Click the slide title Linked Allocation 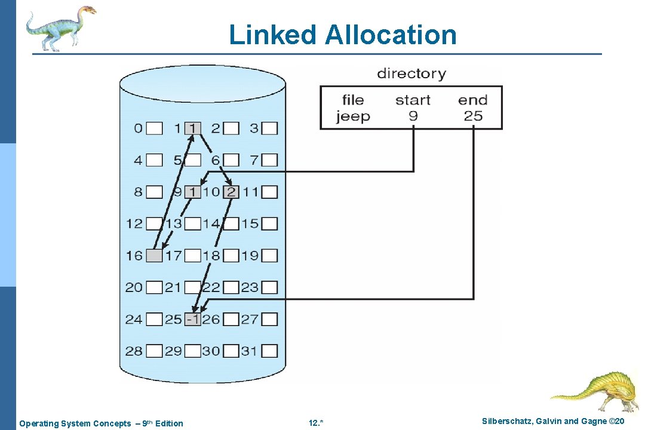coord(342,35)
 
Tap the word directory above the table coord(411,74)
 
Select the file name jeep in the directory coord(353,116)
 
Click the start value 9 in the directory coord(413,116)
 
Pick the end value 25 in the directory coord(473,116)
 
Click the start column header coord(413,100)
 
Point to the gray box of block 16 coord(154,256)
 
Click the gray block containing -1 coord(193,320)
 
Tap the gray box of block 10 coord(231,192)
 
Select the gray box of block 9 coord(193,192)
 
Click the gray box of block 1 coord(193,128)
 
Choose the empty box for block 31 coord(270,351)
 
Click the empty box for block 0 coord(154,128)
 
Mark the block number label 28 coord(134,351)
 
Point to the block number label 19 coord(250,256)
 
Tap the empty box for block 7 coord(270,160)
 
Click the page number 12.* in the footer coord(316,423)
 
